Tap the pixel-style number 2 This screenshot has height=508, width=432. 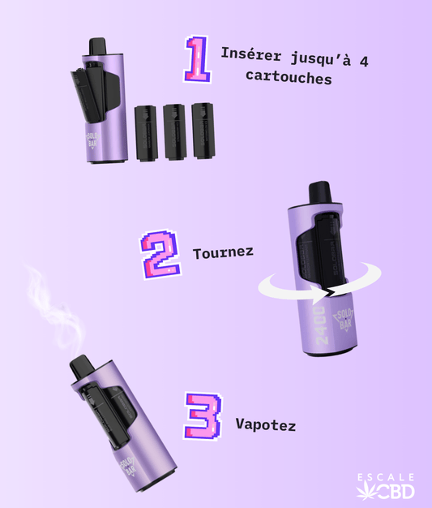(160, 254)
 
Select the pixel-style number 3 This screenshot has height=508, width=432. (201, 415)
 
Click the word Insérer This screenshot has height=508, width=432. (247, 57)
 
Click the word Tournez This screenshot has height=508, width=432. (223, 252)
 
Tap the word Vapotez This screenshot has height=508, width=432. (266, 424)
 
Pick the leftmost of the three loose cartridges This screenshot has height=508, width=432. (146, 132)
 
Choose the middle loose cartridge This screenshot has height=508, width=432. (174, 130)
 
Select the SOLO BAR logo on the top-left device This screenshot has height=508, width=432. (96, 134)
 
